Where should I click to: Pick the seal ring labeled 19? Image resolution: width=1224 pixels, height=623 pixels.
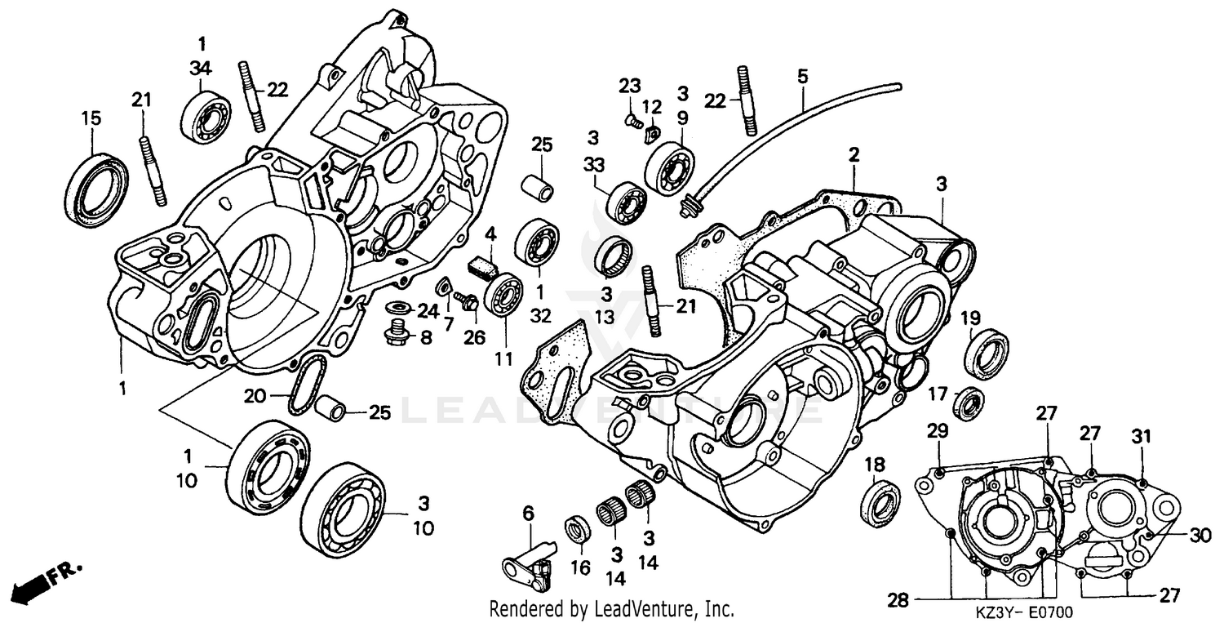tap(987, 353)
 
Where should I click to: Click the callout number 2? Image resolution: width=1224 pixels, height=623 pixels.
tap(854, 154)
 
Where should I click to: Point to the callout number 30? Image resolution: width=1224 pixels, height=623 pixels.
tap(1198, 536)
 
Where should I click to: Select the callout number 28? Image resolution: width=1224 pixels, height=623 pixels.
tap(898, 601)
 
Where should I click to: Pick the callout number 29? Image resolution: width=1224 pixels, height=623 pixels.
tap(938, 430)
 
